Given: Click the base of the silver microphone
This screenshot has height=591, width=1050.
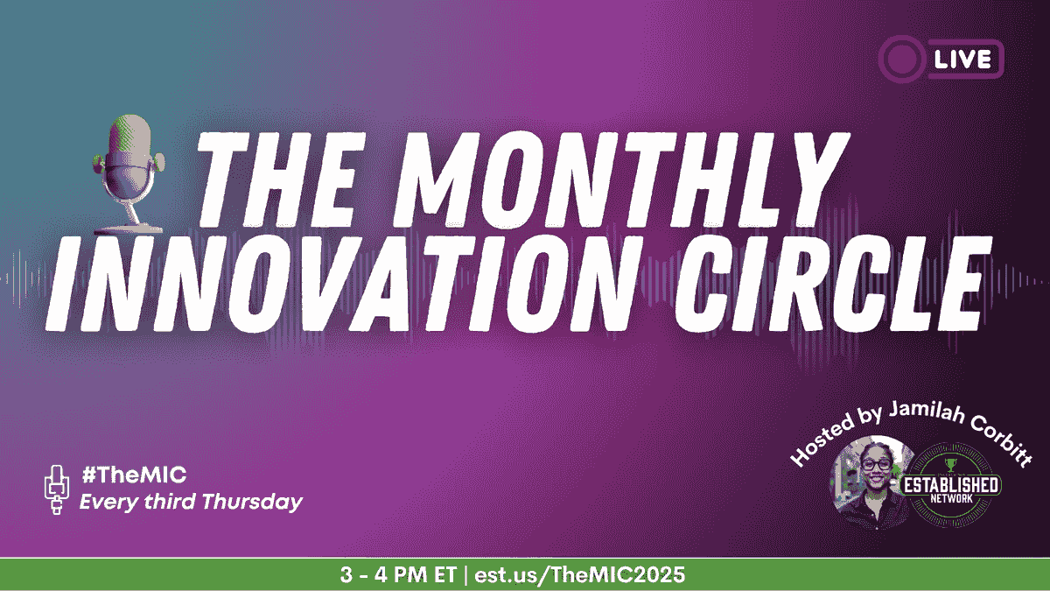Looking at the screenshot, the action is click(129, 229).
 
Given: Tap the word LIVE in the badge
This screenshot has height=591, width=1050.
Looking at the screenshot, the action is click(962, 60).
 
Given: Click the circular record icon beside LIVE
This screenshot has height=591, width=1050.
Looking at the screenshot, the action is click(901, 60).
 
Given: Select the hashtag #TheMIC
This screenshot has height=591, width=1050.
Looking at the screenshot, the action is click(134, 475).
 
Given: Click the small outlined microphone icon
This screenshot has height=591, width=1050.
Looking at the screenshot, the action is click(57, 489).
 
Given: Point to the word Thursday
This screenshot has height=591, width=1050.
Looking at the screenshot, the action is click(253, 502).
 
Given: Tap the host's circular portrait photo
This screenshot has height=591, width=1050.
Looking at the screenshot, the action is click(870, 482).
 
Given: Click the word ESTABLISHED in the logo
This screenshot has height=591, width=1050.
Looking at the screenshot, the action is click(951, 485).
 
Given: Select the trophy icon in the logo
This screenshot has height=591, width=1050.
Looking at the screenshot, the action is click(950, 465).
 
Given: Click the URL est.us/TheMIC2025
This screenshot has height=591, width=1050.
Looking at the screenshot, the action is click(580, 574).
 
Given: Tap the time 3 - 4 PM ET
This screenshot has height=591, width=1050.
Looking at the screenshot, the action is click(398, 574).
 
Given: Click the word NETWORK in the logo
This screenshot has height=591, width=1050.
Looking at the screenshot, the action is click(952, 498).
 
